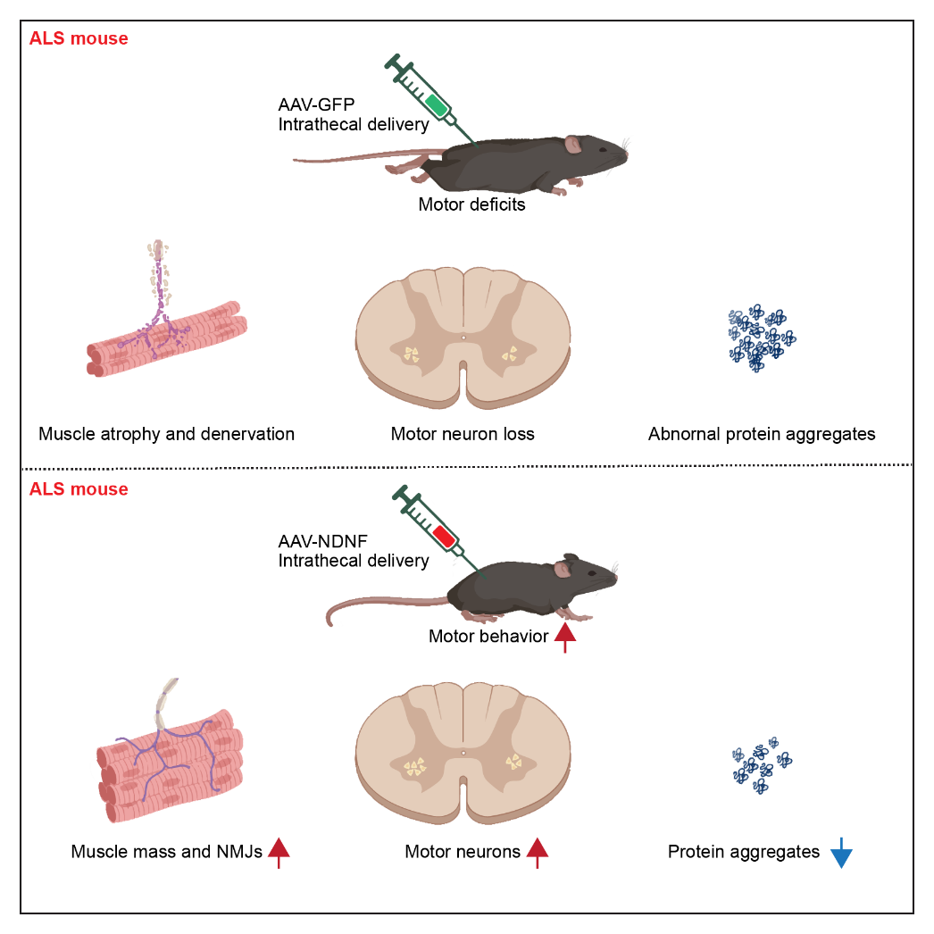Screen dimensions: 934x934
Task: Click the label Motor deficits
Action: pyautogui.click(x=471, y=204)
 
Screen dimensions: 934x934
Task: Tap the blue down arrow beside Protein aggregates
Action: pyautogui.click(x=841, y=854)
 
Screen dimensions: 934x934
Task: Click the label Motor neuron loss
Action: pyautogui.click(x=463, y=435)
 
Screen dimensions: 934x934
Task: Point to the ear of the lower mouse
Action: pyautogui.click(x=563, y=569)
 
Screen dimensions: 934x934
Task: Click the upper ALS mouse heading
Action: pyautogui.click(x=79, y=38)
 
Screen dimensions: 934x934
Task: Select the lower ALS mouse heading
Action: pyautogui.click(x=79, y=489)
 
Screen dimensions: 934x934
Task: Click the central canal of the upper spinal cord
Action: pyautogui.click(x=463, y=338)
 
